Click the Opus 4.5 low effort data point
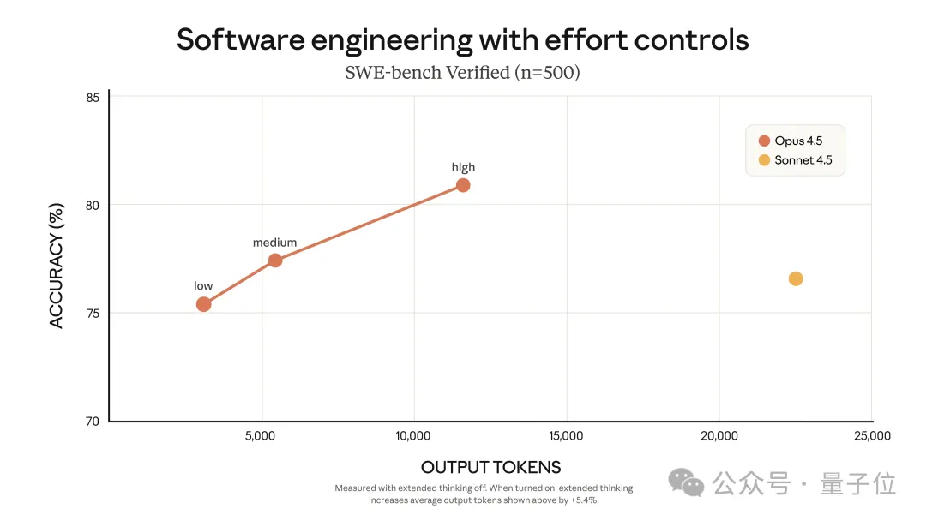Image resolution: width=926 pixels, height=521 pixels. (x=203, y=304)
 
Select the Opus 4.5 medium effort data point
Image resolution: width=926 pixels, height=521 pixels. (x=275, y=260)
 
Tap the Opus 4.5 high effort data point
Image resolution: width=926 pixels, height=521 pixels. (x=463, y=185)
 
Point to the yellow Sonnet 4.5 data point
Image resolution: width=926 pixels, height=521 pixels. (x=796, y=278)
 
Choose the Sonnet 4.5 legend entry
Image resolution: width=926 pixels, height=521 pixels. (x=795, y=160)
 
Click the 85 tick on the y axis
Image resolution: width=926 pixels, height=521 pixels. (x=92, y=98)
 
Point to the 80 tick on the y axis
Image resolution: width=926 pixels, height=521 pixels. (x=92, y=206)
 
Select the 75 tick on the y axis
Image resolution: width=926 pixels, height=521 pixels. (x=92, y=314)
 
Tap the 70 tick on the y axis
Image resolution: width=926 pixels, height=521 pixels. (x=92, y=422)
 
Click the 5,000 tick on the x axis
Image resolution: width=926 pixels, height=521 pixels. (x=261, y=436)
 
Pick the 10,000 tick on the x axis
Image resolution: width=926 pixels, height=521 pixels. (x=412, y=436)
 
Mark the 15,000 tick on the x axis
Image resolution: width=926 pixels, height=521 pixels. (x=565, y=436)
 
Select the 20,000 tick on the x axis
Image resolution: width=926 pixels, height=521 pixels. (x=719, y=436)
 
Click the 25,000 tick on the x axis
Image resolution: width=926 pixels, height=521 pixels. (x=871, y=436)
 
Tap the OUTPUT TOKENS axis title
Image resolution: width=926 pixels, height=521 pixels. (x=490, y=467)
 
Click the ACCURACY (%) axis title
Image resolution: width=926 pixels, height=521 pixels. (x=57, y=260)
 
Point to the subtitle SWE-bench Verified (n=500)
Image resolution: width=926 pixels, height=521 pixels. (x=462, y=73)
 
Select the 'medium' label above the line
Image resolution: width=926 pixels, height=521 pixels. (x=274, y=243)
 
